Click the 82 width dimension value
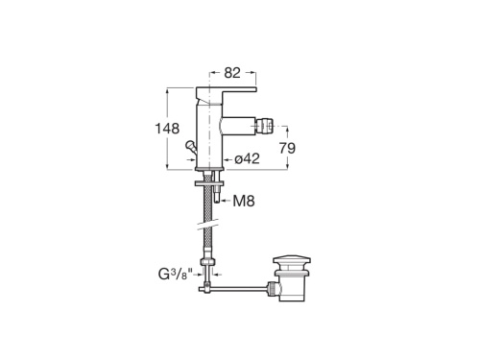[x=232, y=73]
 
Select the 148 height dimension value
[x=167, y=129]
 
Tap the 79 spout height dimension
[x=287, y=148]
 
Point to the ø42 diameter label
[x=247, y=159]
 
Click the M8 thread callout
[x=244, y=202]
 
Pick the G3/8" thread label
[x=176, y=275]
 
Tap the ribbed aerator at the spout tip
[x=263, y=126]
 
